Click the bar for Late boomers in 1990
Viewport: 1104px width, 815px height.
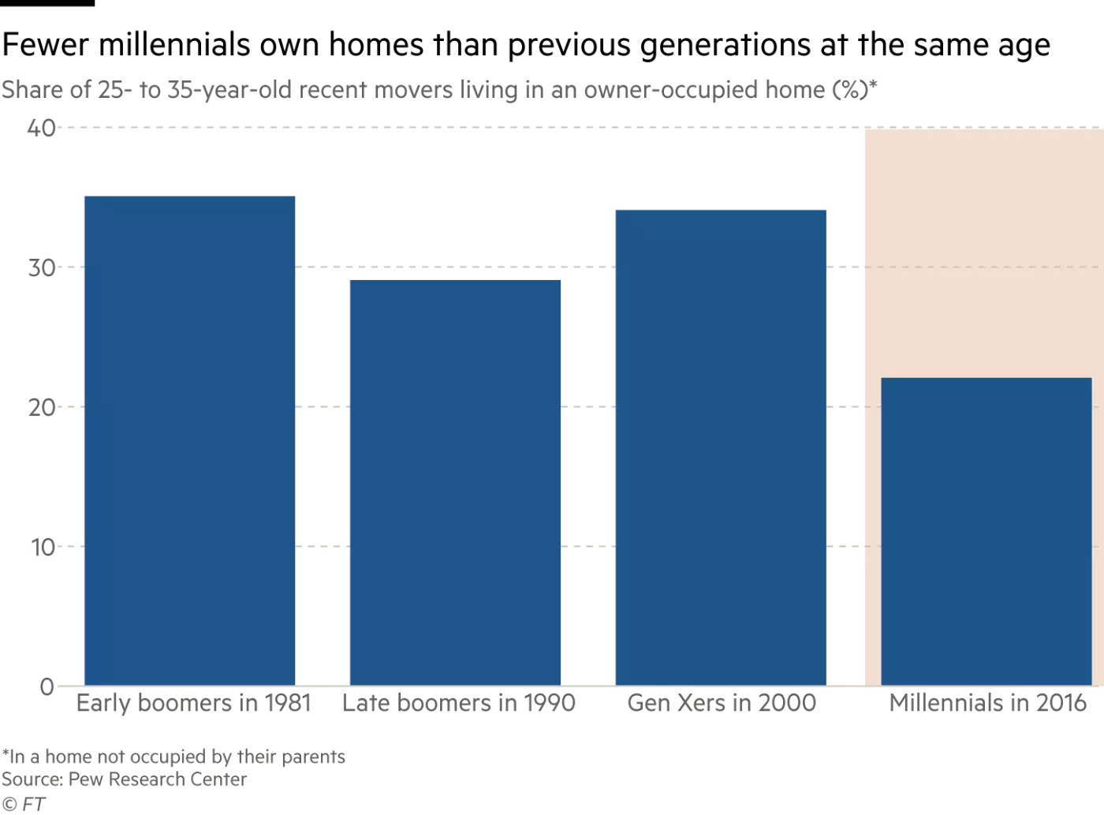pyautogui.click(x=455, y=482)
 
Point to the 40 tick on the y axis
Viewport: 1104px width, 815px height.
pyautogui.click(x=41, y=128)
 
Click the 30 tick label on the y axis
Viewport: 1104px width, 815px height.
pyautogui.click(x=41, y=267)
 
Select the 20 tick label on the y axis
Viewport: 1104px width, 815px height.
pyautogui.click(x=41, y=407)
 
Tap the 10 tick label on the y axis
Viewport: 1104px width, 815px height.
pyautogui.click(x=43, y=547)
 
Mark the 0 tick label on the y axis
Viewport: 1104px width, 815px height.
pyautogui.click(x=47, y=686)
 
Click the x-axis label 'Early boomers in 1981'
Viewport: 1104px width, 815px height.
pyautogui.click(x=193, y=703)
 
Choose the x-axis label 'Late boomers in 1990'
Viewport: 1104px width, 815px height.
pyautogui.click(x=458, y=703)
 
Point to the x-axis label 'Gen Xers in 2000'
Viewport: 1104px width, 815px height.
pyautogui.click(x=722, y=703)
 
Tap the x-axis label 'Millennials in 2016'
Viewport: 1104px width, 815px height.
pyautogui.click(x=987, y=703)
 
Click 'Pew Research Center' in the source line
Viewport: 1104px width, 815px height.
pyautogui.click(x=158, y=779)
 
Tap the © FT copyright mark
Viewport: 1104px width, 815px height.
pyautogui.click(x=23, y=804)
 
